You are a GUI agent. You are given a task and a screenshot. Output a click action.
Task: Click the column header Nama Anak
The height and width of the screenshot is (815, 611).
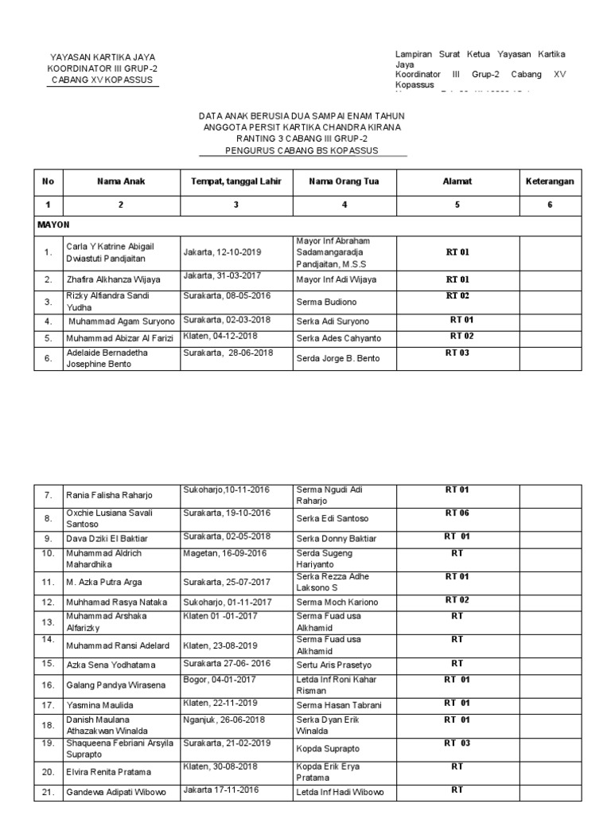coord(121,181)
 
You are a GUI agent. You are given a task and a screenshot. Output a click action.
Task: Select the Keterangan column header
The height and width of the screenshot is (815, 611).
coord(550,181)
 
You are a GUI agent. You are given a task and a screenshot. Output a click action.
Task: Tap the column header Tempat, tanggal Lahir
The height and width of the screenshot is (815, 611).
coord(236,181)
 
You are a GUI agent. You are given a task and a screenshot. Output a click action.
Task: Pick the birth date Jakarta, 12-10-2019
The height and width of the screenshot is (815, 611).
coord(222,252)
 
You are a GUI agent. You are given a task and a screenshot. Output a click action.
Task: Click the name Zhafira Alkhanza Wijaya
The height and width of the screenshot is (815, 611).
coord(113,279)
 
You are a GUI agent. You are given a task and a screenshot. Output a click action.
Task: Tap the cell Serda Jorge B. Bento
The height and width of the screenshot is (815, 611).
coord(338,358)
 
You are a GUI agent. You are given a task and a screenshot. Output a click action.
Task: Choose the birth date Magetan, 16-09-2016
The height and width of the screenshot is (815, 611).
coord(225,552)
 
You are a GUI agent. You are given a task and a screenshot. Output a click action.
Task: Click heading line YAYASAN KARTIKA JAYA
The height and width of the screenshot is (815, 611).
coord(103,57)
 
